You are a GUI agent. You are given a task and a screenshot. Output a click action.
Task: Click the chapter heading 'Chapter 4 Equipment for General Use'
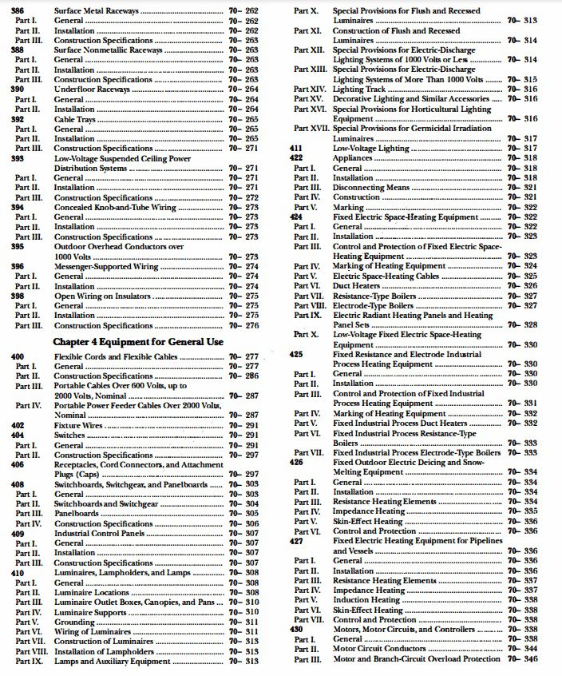click(138, 341)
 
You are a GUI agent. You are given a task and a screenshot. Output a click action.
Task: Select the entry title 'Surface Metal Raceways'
click(97, 11)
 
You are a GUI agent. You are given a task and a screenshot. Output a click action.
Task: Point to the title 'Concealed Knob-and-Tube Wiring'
click(115, 207)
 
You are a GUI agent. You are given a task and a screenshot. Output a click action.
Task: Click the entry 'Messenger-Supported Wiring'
click(106, 266)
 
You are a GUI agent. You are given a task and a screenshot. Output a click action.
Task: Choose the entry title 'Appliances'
click(354, 158)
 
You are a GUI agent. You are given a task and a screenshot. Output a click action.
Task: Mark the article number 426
click(296, 462)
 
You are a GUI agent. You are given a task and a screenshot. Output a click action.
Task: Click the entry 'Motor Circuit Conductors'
click(380, 649)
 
